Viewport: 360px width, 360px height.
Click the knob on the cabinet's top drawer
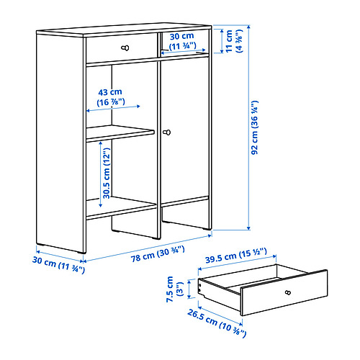[x=126, y=48]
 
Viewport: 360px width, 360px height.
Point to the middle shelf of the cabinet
[x=120, y=134]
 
